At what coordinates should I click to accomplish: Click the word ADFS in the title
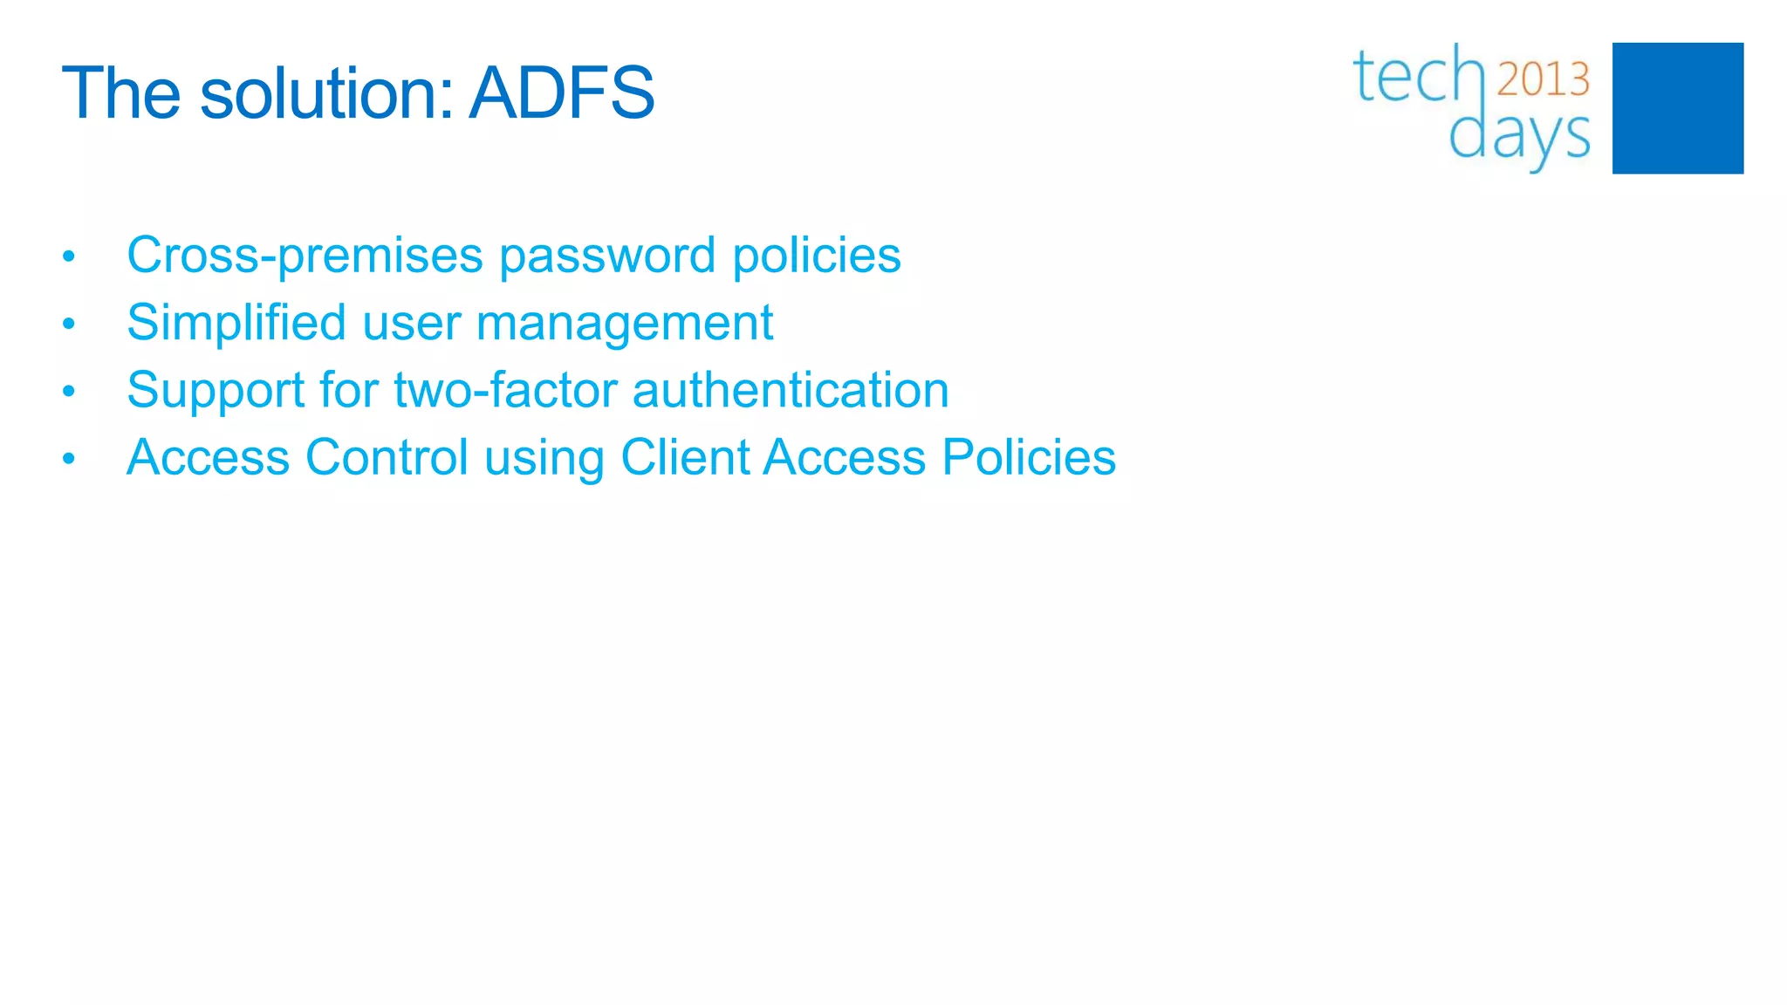(x=561, y=92)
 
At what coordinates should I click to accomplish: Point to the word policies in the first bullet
(x=816, y=256)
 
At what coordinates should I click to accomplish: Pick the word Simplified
(x=236, y=323)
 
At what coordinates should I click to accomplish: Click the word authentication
(x=790, y=389)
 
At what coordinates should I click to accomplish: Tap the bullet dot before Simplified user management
(x=69, y=325)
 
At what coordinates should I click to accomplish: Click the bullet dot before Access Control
(x=69, y=459)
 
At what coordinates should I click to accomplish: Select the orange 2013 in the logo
(x=1543, y=79)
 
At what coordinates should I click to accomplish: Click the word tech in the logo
(x=1418, y=77)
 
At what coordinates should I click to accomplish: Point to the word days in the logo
(x=1519, y=135)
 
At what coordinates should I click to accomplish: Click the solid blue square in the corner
(x=1677, y=108)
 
